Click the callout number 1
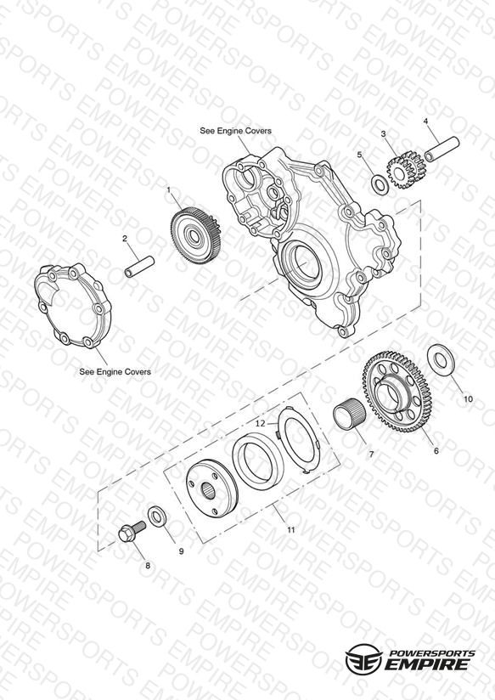pyautogui.click(x=168, y=190)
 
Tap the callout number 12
pyautogui.click(x=260, y=422)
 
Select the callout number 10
pyautogui.click(x=468, y=399)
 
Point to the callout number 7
pyautogui.click(x=370, y=454)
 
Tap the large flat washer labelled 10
pyautogui.click(x=442, y=360)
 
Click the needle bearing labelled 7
pyautogui.click(x=350, y=416)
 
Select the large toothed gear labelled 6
pyautogui.click(x=396, y=392)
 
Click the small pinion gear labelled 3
pyautogui.click(x=406, y=170)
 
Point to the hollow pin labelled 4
pyautogui.click(x=442, y=150)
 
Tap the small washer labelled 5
pyautogui.click(x=380, y=185)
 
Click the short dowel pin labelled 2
pyautogui.click(x=139, y=267)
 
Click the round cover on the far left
pyautogui.click(x=72, y=305)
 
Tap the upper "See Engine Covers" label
pyautogui.click(x=235, y=131)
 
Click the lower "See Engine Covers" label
pyautogui.click(x=115, y=371)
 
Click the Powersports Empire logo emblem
pyautogui.click(x=363, y=658)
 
